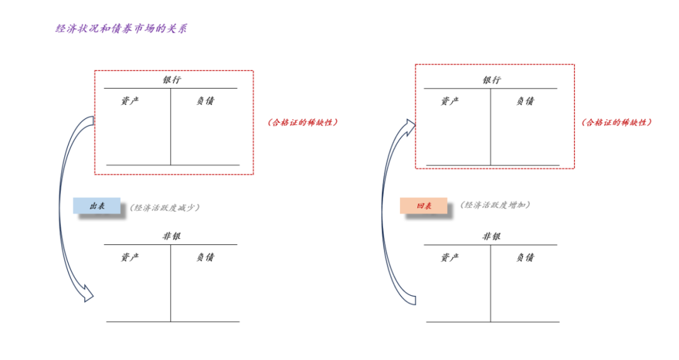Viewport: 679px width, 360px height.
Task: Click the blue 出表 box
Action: pyautogui.click(x=96, y=206)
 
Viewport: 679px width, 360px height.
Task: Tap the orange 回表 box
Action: pyautogui.click(x=424, y=205)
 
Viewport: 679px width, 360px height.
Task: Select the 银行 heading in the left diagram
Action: pyautogui.click(x=172, y=80)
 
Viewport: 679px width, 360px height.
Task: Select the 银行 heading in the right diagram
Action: pyautogui.click(x=492, y=80)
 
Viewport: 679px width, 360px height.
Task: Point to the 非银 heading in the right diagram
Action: pyautogui.click(x=492, y=237)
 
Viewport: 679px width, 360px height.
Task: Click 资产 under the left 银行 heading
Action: pyautogui.click(x=130, y=101)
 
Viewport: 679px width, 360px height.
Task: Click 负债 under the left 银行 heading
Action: pyautogui.click(x=205, y=101)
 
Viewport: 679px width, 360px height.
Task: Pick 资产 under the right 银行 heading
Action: pyautogui.click(x=450, y=101)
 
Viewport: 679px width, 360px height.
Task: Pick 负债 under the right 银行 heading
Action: pyautogui.click(x=525, y=101)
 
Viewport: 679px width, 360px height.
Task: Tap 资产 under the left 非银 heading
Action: pyautogui.click(x=130, y=257)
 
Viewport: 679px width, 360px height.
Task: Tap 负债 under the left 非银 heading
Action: pyautogui.click(x=205, y=257)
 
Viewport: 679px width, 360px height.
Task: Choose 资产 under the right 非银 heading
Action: pyautogui.click(x=450, y=257)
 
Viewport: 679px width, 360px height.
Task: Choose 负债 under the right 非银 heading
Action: pyautogui.click(x=525, y=257)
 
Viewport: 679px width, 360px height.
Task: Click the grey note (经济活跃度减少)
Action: pyautogui.click(x=165, y=207)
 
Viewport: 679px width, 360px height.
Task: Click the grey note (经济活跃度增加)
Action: pyautogui.click(x=495, y=205)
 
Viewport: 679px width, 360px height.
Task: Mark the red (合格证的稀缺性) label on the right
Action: pyautogui.click(x=616, y=123)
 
